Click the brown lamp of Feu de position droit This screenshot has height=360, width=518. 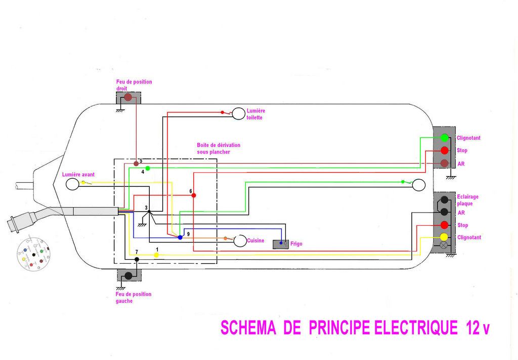(x=128, y=97)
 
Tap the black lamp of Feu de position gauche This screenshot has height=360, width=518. (x=128, y=275)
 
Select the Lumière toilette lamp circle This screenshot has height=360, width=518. (x=238, y=113)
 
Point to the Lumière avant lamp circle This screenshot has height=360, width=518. (x=73, y=184)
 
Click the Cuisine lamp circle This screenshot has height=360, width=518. (x=240, y=241)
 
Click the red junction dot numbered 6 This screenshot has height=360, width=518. (x=194, y=195)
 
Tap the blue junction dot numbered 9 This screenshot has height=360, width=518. (x=180, y=237)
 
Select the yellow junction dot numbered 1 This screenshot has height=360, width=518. (x=156, y=255)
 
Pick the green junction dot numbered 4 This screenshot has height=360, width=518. (x=148, y=168)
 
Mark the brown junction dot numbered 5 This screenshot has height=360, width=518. (x=136, y=164)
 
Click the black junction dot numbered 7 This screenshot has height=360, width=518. (x=137, y=259)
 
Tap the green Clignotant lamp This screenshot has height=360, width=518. (x=445, y=138)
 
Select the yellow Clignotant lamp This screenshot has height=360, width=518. (x=444, y=237)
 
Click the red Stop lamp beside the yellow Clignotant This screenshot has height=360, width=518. (x=444, y=225)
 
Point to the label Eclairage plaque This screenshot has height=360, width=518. (x=467, y=200)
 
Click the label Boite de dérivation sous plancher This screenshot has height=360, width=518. (x=219, y=148)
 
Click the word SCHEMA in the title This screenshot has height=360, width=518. (x=248, y=328)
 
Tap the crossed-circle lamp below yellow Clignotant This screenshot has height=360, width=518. (x=444, y=246)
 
